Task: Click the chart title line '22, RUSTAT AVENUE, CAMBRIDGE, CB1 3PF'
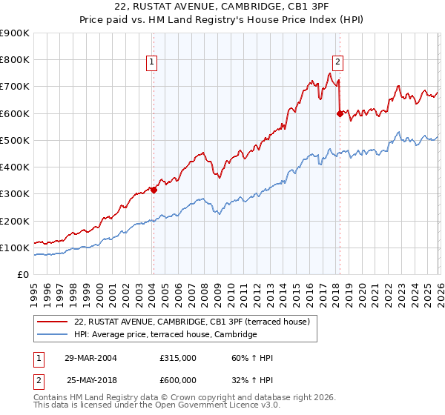point(222,8)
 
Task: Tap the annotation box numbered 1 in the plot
point(151,63)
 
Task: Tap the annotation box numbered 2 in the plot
point(338,63)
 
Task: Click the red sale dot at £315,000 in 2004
point(154,190)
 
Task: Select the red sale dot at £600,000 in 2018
point(340,113)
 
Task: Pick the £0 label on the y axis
point(22,274)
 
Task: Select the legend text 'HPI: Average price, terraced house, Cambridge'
point(165,335)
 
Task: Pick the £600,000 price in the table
point(178,379)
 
